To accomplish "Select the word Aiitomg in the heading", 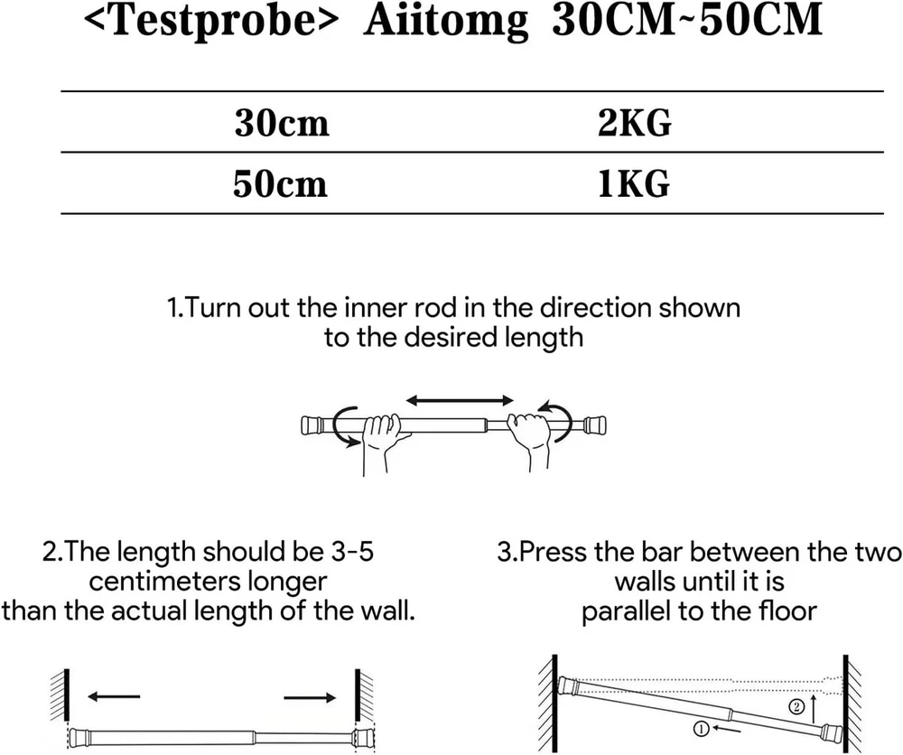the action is click(445, 23).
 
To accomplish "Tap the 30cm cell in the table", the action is click(282, 123).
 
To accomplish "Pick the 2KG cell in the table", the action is click(635, 123).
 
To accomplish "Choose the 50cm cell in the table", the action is click(281, 183).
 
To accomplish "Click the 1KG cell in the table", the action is click(634, 183).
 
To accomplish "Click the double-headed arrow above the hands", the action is click(460, 400).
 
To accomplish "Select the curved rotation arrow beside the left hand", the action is click(336, 426).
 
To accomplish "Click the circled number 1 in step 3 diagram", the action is click(701, 729).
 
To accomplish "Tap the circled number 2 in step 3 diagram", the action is click(796, 706).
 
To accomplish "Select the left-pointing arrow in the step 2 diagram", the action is click(114, 697).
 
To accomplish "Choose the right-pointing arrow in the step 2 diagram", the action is click(310, 697).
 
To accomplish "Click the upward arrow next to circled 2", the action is click(813, 708).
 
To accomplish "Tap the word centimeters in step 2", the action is click(164, 581).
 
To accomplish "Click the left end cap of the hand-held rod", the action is click(312, 425).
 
